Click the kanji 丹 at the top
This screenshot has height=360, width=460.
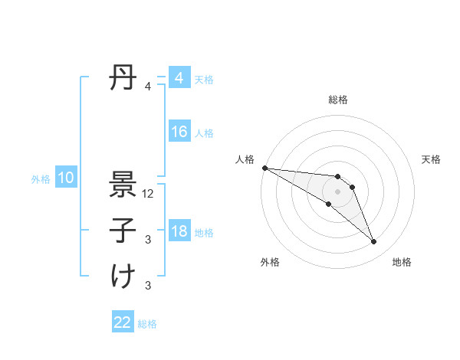(x=123, y=78)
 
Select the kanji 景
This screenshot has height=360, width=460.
(x=123, y=184)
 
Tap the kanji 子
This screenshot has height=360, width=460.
(x=123, y=230)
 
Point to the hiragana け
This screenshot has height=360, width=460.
(x=123, y=276)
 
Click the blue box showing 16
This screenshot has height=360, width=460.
(x=179, y=133)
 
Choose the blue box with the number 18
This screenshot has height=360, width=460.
(x=179, y=232)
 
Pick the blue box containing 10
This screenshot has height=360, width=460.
(x=66, y=178)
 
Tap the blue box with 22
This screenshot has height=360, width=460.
(x=123, y=322)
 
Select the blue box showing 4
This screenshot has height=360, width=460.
(x=179, y=78)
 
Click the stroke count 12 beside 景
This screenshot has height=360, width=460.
(x=148, y=194)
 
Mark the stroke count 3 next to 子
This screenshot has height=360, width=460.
(x=148, y=240)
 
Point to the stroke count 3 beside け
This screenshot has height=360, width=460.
(x=148, y=286)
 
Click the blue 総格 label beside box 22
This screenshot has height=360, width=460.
(x=147, y=323)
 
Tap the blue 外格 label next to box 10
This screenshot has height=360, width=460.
(x=41, y=179)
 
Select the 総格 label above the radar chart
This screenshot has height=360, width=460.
(x=338, y=100)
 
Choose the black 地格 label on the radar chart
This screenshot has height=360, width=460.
(x=402, y=262)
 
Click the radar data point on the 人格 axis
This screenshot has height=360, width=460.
(x=264, y=168)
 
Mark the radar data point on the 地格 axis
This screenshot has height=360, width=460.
(x=373, y=242)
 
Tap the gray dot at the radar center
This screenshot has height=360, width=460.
(x=338, y=191)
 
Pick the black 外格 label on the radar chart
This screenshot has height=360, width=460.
(x=270, y=262)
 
